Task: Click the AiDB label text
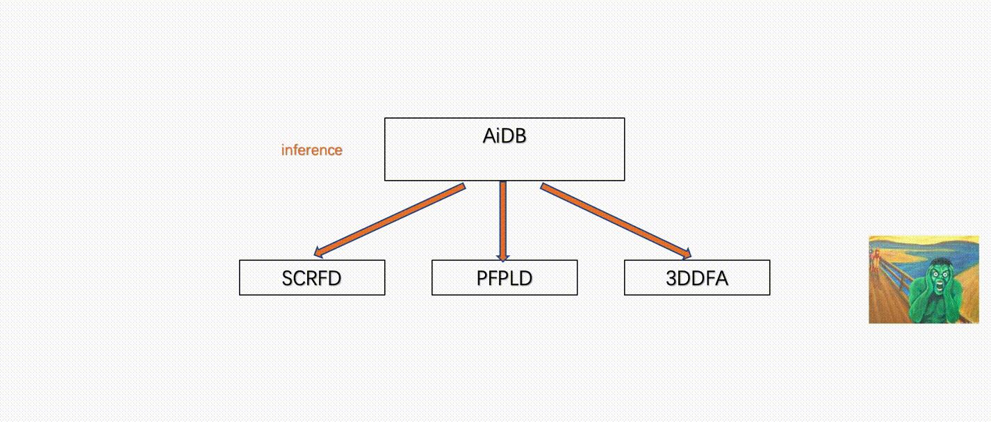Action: [505, 136]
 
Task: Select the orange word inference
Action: [311, 150]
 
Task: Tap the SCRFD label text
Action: [311, 278]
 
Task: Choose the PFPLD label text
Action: [505, 278]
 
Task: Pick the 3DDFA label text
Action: [697, 278]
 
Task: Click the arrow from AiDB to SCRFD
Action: [389, 220]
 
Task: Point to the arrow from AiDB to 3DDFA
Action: [615, 220]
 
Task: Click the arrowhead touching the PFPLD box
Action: [503, 257]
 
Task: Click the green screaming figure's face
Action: [940, 277]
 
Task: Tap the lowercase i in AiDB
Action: [498, 136]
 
